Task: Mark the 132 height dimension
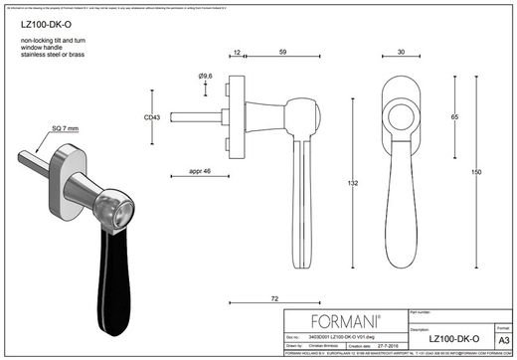click(x=355, y=182)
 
